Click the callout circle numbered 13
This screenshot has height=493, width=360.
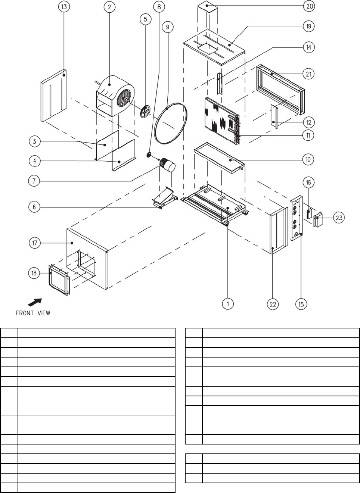tap(64, 7)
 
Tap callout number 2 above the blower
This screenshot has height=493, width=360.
tap(109, 7)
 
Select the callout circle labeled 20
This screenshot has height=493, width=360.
tap(309, 6)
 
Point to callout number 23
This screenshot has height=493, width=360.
tap(339, 218)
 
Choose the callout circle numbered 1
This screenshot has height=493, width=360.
tap(228, 304)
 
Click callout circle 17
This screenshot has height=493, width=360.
tap(35, 243)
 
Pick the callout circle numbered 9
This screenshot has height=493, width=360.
tap(168, 27)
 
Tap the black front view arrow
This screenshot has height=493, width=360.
tap(35, 302)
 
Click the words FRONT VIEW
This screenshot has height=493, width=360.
tap(33, 313)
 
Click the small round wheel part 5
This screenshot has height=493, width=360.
tap(145, 111)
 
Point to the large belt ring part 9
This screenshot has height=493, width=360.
tap(171, 123)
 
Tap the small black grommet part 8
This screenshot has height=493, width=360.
tap(149, 155)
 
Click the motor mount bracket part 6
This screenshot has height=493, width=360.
tap(165, 198)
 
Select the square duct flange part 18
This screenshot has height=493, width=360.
tap(59, 280)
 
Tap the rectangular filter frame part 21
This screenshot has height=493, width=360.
tap(280, 90)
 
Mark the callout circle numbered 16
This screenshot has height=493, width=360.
tap(308, 182)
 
